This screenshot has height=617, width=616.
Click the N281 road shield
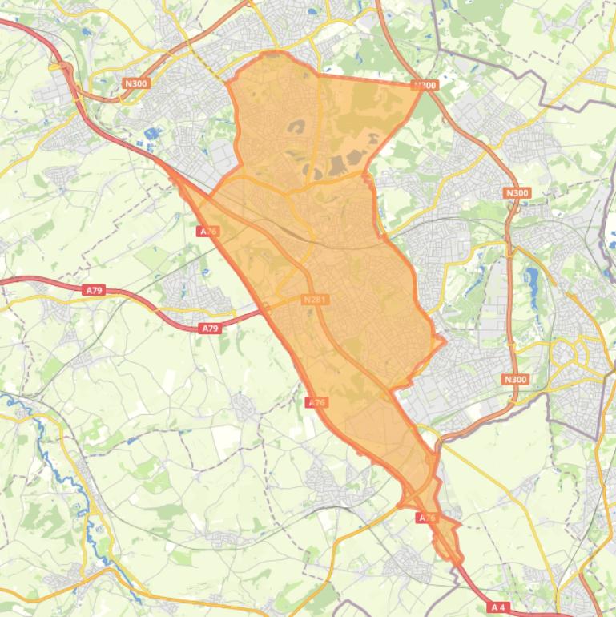pyautogui.click(x=316, y=300)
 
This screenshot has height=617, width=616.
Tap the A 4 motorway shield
pyautogui.click(x=498, y=607)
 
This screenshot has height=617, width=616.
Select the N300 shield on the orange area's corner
pyautogui.click(x=425, y=85)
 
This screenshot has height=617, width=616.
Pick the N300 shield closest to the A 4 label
pyautogui.click(x=516, y=379)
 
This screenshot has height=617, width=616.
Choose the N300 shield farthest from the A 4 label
pyautogui.click(x=137, y=83)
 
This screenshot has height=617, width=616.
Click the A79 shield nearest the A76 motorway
pyautogui.click(x=209, y=328)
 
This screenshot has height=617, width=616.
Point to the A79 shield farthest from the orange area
pyautogui.click(x=94, y=290)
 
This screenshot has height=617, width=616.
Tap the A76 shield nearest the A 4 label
pyautogui.click(x=428, y=518)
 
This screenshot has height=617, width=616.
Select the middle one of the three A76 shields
pyautogui.click(x=317, y=402)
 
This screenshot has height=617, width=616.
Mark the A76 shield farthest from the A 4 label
pyautogui.click(x=207, y=231)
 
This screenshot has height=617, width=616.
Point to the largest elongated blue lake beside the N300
pyautogui.click(x=531, y=280)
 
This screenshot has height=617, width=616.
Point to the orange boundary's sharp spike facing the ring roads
pyautogui.click(x=443, y=341)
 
